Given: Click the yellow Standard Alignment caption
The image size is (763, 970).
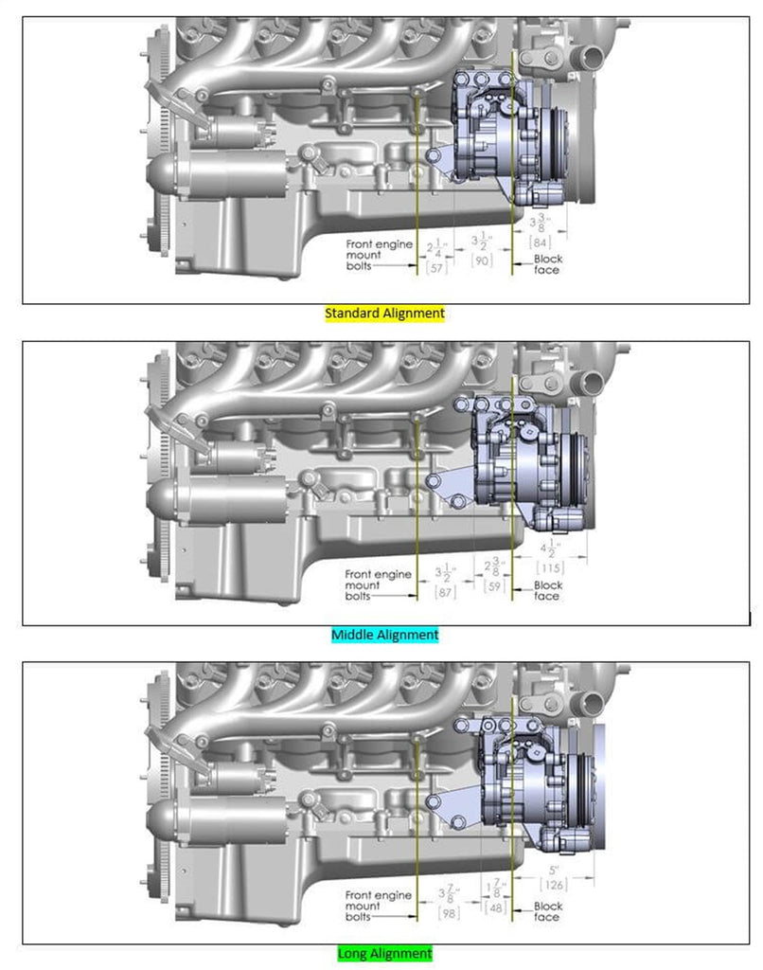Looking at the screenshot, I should click(x=384, y=313).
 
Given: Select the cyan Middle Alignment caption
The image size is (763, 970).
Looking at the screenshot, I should click(x=385, y=635).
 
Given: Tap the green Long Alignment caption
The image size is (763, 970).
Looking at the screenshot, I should click(x=384, y=953).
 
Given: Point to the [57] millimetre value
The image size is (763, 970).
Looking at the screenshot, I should click(x=436, y=269).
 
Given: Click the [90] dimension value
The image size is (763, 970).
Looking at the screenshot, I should click(x=481, y=260).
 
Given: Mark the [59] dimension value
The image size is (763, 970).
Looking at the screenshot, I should click(x=493, y=586).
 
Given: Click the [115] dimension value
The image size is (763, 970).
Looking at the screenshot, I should click(x=550, y=567).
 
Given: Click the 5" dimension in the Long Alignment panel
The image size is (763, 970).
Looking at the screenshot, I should click(x=553, y=869).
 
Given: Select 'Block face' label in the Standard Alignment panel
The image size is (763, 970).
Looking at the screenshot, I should click(x=546, y=264).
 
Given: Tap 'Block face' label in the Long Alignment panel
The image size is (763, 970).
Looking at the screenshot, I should click(x=548, y=912).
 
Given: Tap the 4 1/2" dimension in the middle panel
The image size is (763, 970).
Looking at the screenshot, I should click(x=551, y=549).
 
